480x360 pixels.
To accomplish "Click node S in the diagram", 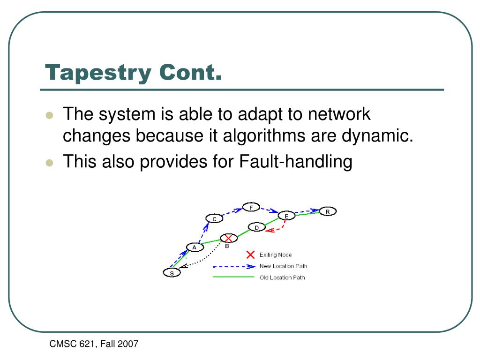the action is point(172,273).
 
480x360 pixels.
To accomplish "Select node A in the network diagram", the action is point(195,247).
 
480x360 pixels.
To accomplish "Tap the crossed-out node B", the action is point(228,238).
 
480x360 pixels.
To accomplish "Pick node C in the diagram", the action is point(214,218).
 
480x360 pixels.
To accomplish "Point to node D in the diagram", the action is point(256,227).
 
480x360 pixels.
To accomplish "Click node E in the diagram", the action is point(286,216).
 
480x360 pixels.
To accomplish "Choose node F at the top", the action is point(251,207).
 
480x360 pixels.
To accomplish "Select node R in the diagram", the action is point(328,212).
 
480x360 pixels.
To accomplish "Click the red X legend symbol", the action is point(250,255).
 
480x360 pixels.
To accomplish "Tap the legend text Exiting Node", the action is point(276,255).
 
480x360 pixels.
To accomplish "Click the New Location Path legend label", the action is point(283,266).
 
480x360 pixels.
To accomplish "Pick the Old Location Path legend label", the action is point(282,277).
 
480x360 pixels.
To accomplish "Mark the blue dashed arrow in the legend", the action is point(234,266).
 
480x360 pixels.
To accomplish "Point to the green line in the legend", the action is point(233,277).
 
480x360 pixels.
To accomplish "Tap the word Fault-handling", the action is point(295,162).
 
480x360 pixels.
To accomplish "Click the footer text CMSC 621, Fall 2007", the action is point(94,345).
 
